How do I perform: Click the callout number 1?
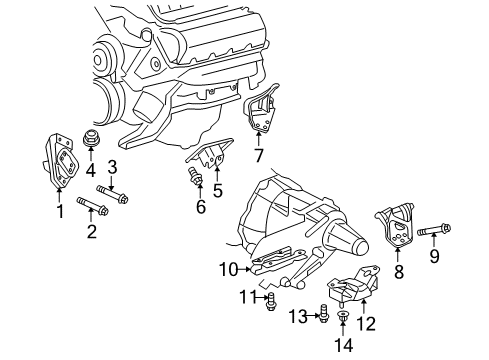click(x=59, y=211)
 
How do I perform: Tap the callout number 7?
click(x=259, y=156)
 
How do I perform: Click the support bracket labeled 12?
click(x=355, y=289)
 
